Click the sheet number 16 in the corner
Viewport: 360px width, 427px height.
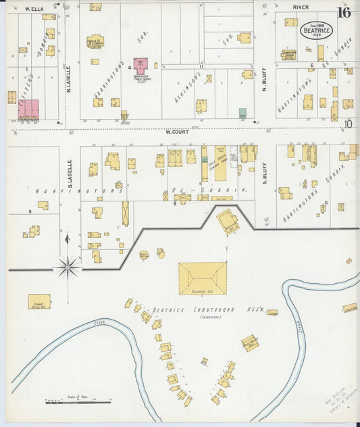click(x=344, y=12)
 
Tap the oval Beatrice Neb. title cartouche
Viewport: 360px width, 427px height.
click(x=317, y=30)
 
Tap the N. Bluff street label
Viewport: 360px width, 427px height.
click(x=265, y=81)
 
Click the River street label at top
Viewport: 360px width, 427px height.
click(x=301, y=7)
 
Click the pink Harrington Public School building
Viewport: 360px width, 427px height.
click(x=140, y=66)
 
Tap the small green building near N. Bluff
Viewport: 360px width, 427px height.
click(x=242, y=113)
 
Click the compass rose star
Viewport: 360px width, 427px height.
click(x=67, y=268)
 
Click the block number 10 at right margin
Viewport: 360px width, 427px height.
click(x=348, y=124)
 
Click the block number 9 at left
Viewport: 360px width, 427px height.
click(x=30, y=212)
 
